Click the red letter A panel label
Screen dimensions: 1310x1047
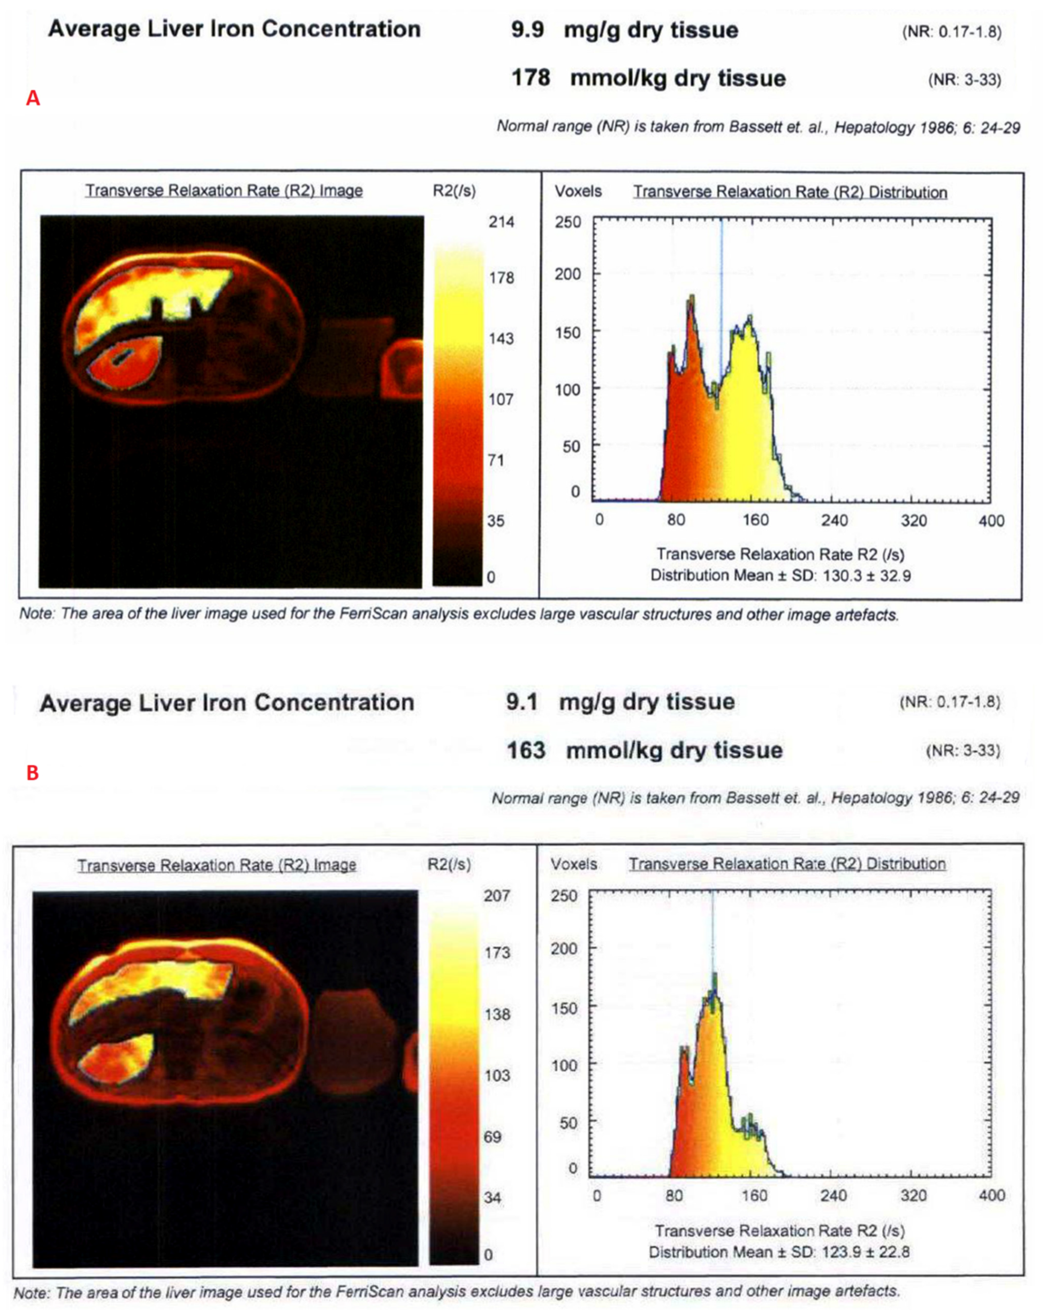pyautogui.click(x=33, y=98)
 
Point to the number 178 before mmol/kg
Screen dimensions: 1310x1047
pyautogui.click(x=530, y=78)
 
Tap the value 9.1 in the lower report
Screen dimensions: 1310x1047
pyautogui.click(x=522, y=702)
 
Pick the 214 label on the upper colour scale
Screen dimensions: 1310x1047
pyautogui.click(x=501, y=222)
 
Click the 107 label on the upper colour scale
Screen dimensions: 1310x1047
pyautogui.click(x=501, y=399)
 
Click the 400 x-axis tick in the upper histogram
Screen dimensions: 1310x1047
pyautogui.click(x=991, y=521)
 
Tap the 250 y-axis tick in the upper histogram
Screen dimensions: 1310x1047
pyautogui.click(x=568, y=222)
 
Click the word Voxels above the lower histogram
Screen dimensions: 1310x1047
pyautogui.click(x=574, y=864)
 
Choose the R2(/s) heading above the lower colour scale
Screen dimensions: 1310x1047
pyautogui.click(x=449, y=864)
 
